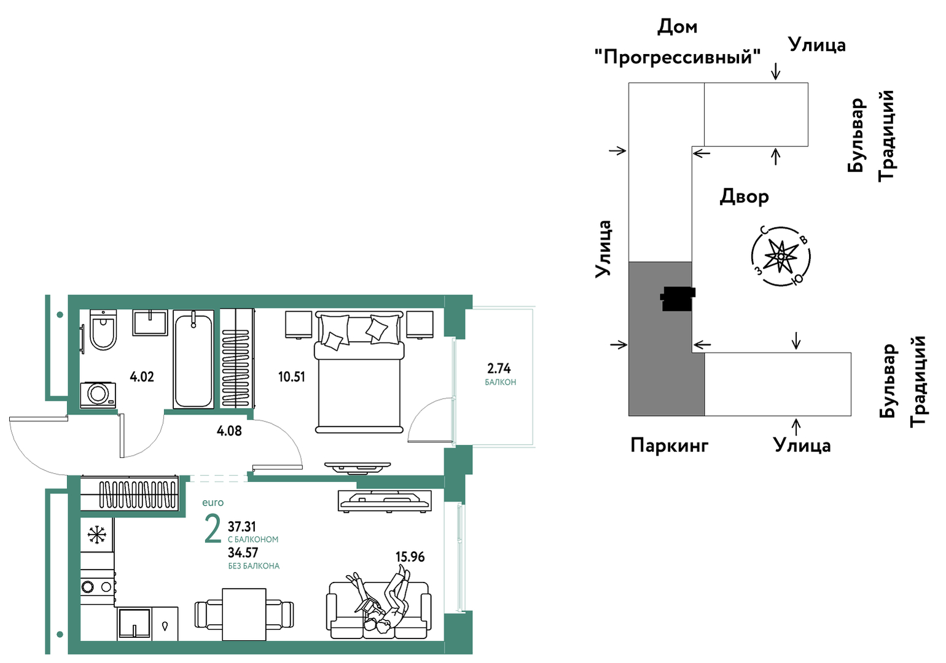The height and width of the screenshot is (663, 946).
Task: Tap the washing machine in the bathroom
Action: pyautogui.click(x=98, y=394)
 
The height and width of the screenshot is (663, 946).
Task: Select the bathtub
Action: pyautogui.click(x=193, y=360)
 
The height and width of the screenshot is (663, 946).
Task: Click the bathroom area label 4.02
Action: pyautogui.click(x=142, y=377)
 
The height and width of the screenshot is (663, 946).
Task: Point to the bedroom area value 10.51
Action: pyautogui.click(x=291, y=377)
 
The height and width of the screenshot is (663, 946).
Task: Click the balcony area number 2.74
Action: pyautogui.click(x=499, y=369)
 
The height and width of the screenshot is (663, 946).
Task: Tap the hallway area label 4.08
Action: pyautogui.click(x=229, y=431)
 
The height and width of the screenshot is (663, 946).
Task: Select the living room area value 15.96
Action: pyautogui.click(x=410, y=557)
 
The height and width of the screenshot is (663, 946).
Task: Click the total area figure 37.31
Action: pyautogui.click(x=242, y=527)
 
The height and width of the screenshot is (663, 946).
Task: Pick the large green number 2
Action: pyautogui.click(x=213, y=528)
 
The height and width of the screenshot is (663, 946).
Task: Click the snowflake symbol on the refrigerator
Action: pyautogui.click(x=96, y=535)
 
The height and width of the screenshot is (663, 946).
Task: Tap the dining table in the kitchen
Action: pyautogui.click(x=244, y=614)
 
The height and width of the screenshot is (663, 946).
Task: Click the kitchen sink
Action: pyautogui.click(x=135, y=622)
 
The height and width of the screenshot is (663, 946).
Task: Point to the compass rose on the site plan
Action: pyautogui.click(x=781, y=256)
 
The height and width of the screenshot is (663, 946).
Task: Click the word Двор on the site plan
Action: pyautogui.click(x=744, y=197)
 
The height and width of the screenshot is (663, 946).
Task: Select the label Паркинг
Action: pyautogui.click(x=670, y=445)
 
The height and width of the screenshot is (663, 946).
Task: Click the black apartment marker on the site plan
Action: pyautogui.click(x=678, y=299)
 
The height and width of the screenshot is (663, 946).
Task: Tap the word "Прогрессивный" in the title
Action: pyautogui.click(x=678, y=56)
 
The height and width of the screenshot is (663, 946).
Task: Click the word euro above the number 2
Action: pyautogui.click(x=213, y=503)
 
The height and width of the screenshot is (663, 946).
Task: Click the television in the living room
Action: pyautogui.click(x=385, y=501)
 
